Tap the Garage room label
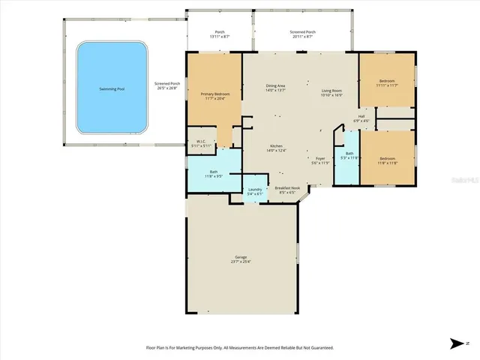coord(240,259)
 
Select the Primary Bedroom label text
coord(215,96)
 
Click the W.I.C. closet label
coord(201,143)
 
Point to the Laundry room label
coord(255,191)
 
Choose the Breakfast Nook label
coord(286,190)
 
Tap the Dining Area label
coord(276,88)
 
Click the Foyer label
coord(320,160)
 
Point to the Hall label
coord(361,118)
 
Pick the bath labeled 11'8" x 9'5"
coord(214,174)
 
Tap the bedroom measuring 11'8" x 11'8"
coord(387,160)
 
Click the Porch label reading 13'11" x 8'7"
coord(220,34)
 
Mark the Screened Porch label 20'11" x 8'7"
coord(303,34)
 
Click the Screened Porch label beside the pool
coord(166,85)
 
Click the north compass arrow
coord(457,343)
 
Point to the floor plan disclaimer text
coord(239,347)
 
